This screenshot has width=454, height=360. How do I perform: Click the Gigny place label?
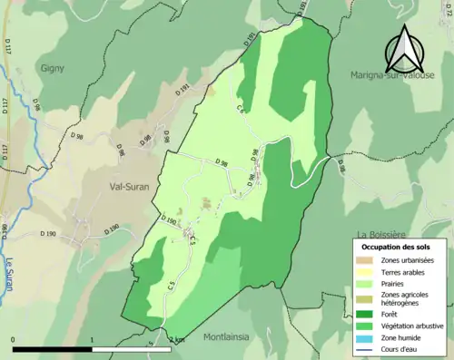tap(52, 67)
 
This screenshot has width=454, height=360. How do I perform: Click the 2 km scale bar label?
tap(177, 340)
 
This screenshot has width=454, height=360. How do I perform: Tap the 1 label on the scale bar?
tap(92, 340)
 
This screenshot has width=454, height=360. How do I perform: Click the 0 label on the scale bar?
tap(14, 340)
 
